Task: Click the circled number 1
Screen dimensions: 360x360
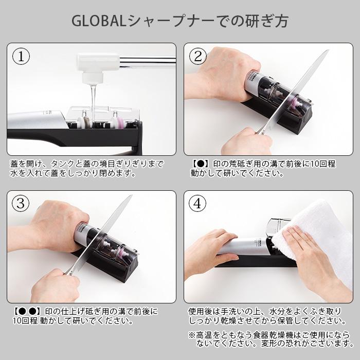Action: coord(21,57)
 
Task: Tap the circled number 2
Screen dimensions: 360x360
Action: coord(198,57)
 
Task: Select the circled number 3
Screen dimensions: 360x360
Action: coord(21,204)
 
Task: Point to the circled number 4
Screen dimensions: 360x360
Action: coord(198,204)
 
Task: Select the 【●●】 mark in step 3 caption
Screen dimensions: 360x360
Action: coord(26,312)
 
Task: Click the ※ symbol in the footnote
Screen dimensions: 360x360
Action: coord(192,334)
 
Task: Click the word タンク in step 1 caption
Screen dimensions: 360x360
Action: coord(61,164)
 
